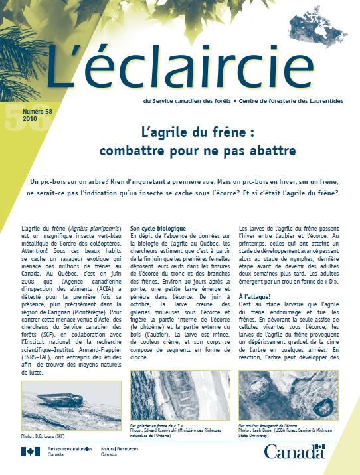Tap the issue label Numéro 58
[38, 112]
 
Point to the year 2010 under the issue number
[30, 120]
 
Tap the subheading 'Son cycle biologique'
[158, 229]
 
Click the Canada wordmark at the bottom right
[294, 453]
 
